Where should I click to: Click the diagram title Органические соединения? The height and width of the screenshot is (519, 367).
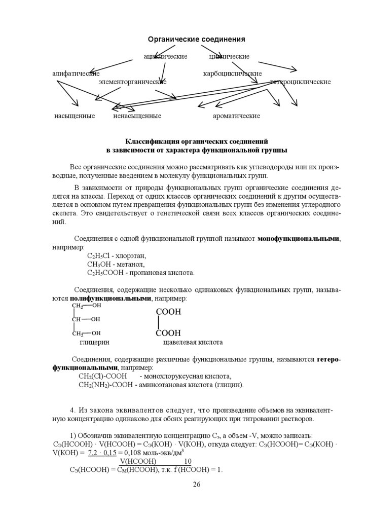coord(196,40)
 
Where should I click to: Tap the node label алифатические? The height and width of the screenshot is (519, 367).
coord(76,74)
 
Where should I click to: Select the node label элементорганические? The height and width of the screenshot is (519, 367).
coord(132,82)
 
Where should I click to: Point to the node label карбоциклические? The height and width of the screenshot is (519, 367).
coord(232,74)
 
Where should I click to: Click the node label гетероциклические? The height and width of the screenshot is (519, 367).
coord(301,82)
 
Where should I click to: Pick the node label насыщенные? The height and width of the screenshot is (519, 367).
coord(75,116)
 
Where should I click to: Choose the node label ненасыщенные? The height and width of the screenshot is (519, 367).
coord(137,116)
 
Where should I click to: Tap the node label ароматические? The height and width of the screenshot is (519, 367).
coord(236,116)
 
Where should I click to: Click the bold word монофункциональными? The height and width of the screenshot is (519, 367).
coord(299,238)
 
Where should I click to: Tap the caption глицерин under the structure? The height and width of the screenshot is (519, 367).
coord(94,342)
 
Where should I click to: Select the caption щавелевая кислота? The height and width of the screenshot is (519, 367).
coord(193,342)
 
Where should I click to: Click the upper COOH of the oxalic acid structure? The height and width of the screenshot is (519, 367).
coord(168,312)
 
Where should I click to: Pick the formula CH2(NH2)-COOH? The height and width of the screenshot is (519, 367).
coord(105,385)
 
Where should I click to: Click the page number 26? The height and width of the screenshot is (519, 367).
coord(197,485)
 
